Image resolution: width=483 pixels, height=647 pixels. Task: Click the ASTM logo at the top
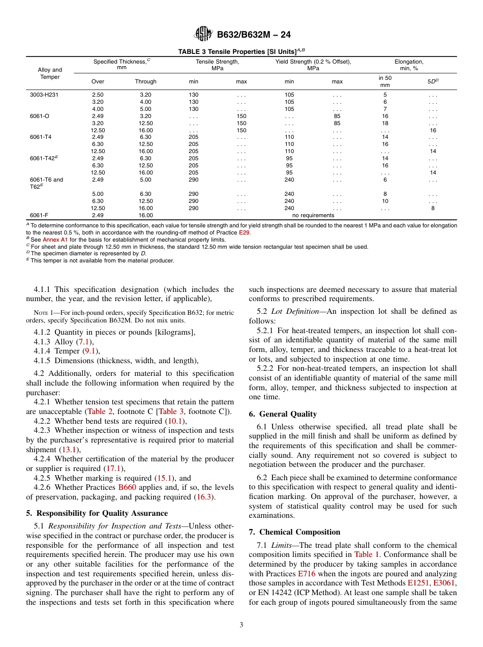point(203,35)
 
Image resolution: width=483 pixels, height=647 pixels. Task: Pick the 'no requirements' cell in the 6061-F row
point(313,215)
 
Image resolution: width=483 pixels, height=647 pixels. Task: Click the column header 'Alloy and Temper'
point(50,73)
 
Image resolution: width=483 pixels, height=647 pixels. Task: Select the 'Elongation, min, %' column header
point(409,65)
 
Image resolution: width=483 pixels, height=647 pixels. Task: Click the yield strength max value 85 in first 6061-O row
point(337,116)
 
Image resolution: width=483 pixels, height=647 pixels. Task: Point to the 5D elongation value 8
point(433,208)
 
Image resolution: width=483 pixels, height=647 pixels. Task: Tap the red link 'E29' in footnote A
point(245,232)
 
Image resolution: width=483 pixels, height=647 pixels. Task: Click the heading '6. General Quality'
point(283,414)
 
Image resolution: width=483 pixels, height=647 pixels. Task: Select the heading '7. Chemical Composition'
point(294,532)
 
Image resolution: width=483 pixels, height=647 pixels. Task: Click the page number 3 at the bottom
point(242,625)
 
